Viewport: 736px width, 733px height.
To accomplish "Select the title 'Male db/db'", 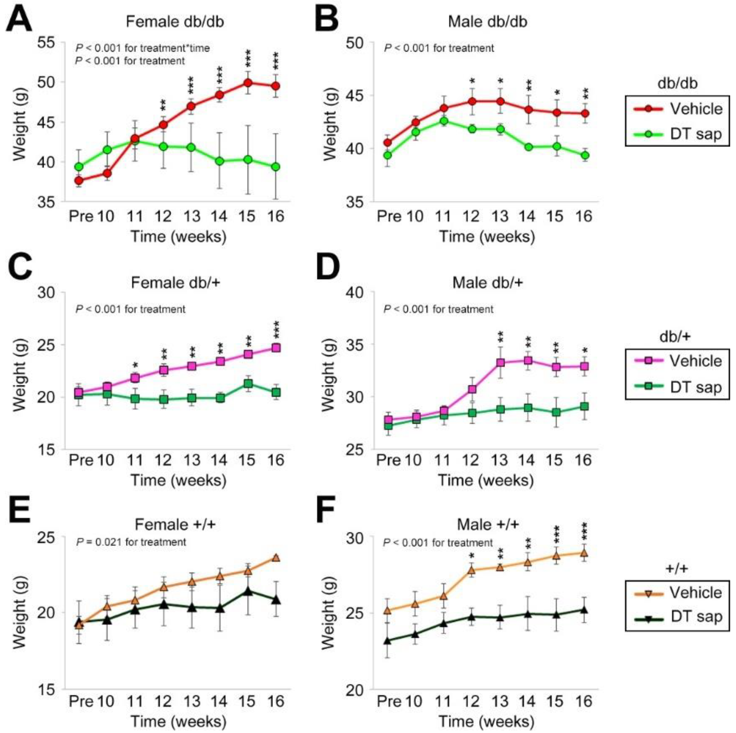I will (487, 21).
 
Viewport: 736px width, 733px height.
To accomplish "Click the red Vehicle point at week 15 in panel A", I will (248, 83).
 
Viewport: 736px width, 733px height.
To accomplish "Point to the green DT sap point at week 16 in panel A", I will (276, 167).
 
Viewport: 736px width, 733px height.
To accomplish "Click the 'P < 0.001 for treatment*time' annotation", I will (143, 48).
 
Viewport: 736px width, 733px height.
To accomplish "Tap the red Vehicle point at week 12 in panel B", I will (472, 102).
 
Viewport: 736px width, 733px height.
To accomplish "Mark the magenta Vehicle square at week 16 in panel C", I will (276, 348).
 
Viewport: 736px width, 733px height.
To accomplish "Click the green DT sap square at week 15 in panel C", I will (248, 383).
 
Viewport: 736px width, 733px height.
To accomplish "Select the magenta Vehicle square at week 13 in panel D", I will (501, 363).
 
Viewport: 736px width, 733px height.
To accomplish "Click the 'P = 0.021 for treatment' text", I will (131, 542).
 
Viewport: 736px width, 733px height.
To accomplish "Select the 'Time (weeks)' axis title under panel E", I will (178, 721).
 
